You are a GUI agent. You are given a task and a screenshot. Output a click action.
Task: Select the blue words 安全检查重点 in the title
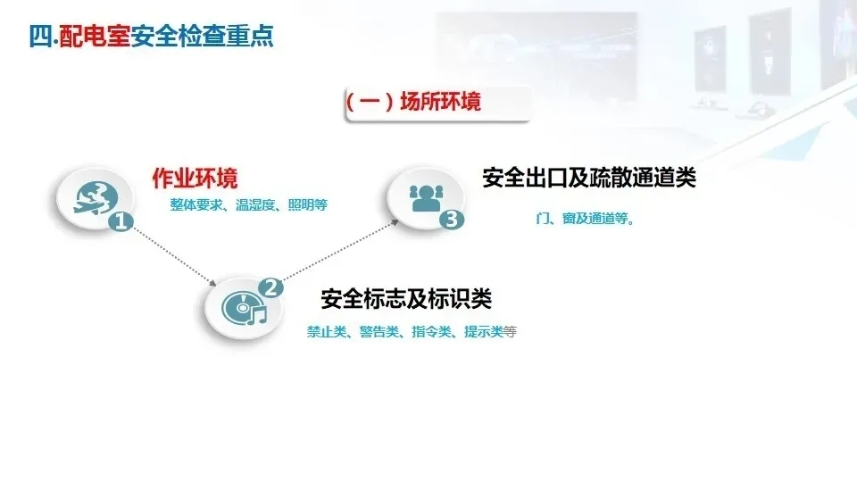pyautogui.click(x=202, y=37)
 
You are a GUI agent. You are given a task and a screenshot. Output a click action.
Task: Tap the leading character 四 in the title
pyautogui.click(x=38, y=37)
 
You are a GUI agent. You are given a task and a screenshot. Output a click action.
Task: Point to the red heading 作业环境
pyautogui.click(x=195, y=178)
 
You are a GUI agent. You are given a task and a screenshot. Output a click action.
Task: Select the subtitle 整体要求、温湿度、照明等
pyautogui.click(x=249, y=204)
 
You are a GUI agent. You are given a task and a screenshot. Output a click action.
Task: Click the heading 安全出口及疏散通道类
pyautogui.click(x=588, y=178)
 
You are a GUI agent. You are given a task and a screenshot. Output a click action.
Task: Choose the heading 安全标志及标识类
pyautogui.click(x=406, y=297)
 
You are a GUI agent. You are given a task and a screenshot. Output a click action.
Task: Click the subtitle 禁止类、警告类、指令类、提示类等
pyautogui.click(x=412, y=331)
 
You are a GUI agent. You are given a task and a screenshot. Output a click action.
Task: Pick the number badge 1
pyautogui.click(x=119, y=222)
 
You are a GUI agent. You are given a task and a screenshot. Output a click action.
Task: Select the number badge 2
pyautogui.click(x=270, y=287)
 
